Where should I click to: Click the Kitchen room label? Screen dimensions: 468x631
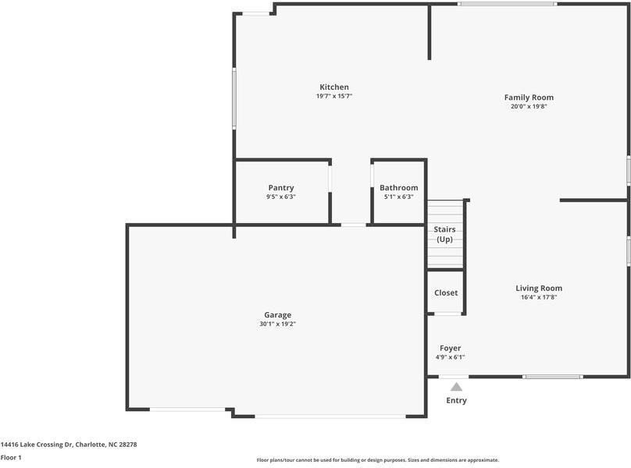click(333, 87)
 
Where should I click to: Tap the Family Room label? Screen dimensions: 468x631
click(529, 97)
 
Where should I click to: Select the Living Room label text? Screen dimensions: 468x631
click(538, 288)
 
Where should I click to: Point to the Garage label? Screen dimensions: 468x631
click(277, 315)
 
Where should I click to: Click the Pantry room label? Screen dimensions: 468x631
click(280, 188)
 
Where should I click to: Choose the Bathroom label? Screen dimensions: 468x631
click(398, 188)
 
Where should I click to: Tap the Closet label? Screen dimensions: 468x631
click(446, 292)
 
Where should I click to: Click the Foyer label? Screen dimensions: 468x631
click(450, 348)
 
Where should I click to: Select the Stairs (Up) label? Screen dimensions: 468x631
click(444, 234)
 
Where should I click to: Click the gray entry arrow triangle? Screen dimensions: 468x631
click(456, 386)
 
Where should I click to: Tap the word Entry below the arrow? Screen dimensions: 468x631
click(456, 401)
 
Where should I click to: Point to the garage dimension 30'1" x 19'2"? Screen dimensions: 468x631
click(277, 324)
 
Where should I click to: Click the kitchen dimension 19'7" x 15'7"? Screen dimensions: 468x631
click(333, 96)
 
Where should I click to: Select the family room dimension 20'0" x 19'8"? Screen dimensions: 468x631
click(529, 107)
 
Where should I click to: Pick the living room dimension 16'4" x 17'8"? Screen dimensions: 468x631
click(538, 297)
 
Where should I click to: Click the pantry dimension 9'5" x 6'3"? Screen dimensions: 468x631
click(280, 197)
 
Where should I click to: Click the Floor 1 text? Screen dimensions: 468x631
click(11, 458)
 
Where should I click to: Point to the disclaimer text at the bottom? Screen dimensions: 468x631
click(377, 460)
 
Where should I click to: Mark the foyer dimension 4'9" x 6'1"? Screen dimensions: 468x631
click(450, 357)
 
